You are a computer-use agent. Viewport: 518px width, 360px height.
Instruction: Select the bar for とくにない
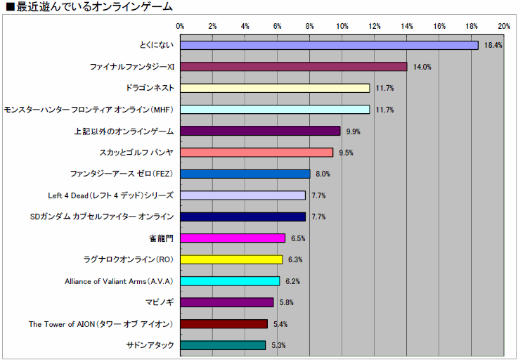pyautogui.click(x=329, y=45)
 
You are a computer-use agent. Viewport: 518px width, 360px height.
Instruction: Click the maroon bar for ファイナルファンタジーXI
pyautogui.click(x=294, y=67)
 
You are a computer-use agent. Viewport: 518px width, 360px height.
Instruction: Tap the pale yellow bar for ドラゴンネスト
pyautogui.click(x=275, y=88)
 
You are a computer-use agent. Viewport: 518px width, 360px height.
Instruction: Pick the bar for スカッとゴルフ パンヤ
pyautogui.click(x=257, y=153)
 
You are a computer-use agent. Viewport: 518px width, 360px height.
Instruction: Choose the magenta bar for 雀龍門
pyautogui.click(x=233, y=238)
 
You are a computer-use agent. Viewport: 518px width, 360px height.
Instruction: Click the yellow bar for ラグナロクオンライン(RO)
pyautogui.click(x=231, y=259)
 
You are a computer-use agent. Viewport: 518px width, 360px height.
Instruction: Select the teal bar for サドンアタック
pyautogui.click(x=223, y=345)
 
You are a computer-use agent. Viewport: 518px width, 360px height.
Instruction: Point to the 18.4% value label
pyautogui.click(x=493, y=46)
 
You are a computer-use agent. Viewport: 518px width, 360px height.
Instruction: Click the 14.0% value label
pyautogui.click(x=422, y=67)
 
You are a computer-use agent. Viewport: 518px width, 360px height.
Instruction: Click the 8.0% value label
pyautogui.click(x=323, y=174)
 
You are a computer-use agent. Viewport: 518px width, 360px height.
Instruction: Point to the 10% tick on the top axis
pyautogui.click(x=342, y=26)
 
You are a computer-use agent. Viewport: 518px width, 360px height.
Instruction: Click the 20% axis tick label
pyautogui.click(x=504, y=26)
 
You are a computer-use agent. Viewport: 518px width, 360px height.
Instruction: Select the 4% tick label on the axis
pyautogui.click(x=245, y=26)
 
